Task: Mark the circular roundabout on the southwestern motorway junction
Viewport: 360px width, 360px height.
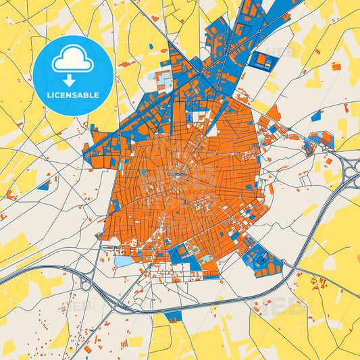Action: click(86, 286)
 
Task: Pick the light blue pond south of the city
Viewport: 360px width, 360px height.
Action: click(124, 261)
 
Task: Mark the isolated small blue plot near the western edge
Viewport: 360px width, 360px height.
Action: click(44, 184)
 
